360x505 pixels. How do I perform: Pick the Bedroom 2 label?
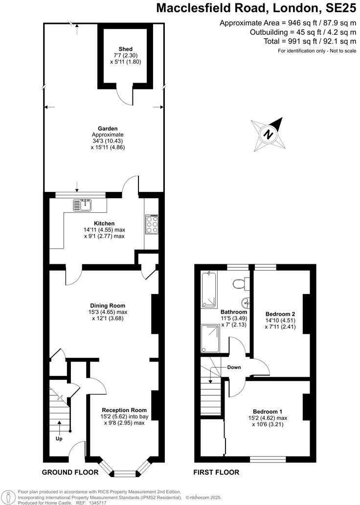click(280, 314)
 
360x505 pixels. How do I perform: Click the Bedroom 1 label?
click(268, 411)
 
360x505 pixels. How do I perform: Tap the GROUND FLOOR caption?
click(70, 472)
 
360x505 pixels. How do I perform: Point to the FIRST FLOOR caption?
click(216, 472)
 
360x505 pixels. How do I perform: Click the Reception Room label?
click(124, 410)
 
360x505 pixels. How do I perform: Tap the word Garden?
click(108, 129)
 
